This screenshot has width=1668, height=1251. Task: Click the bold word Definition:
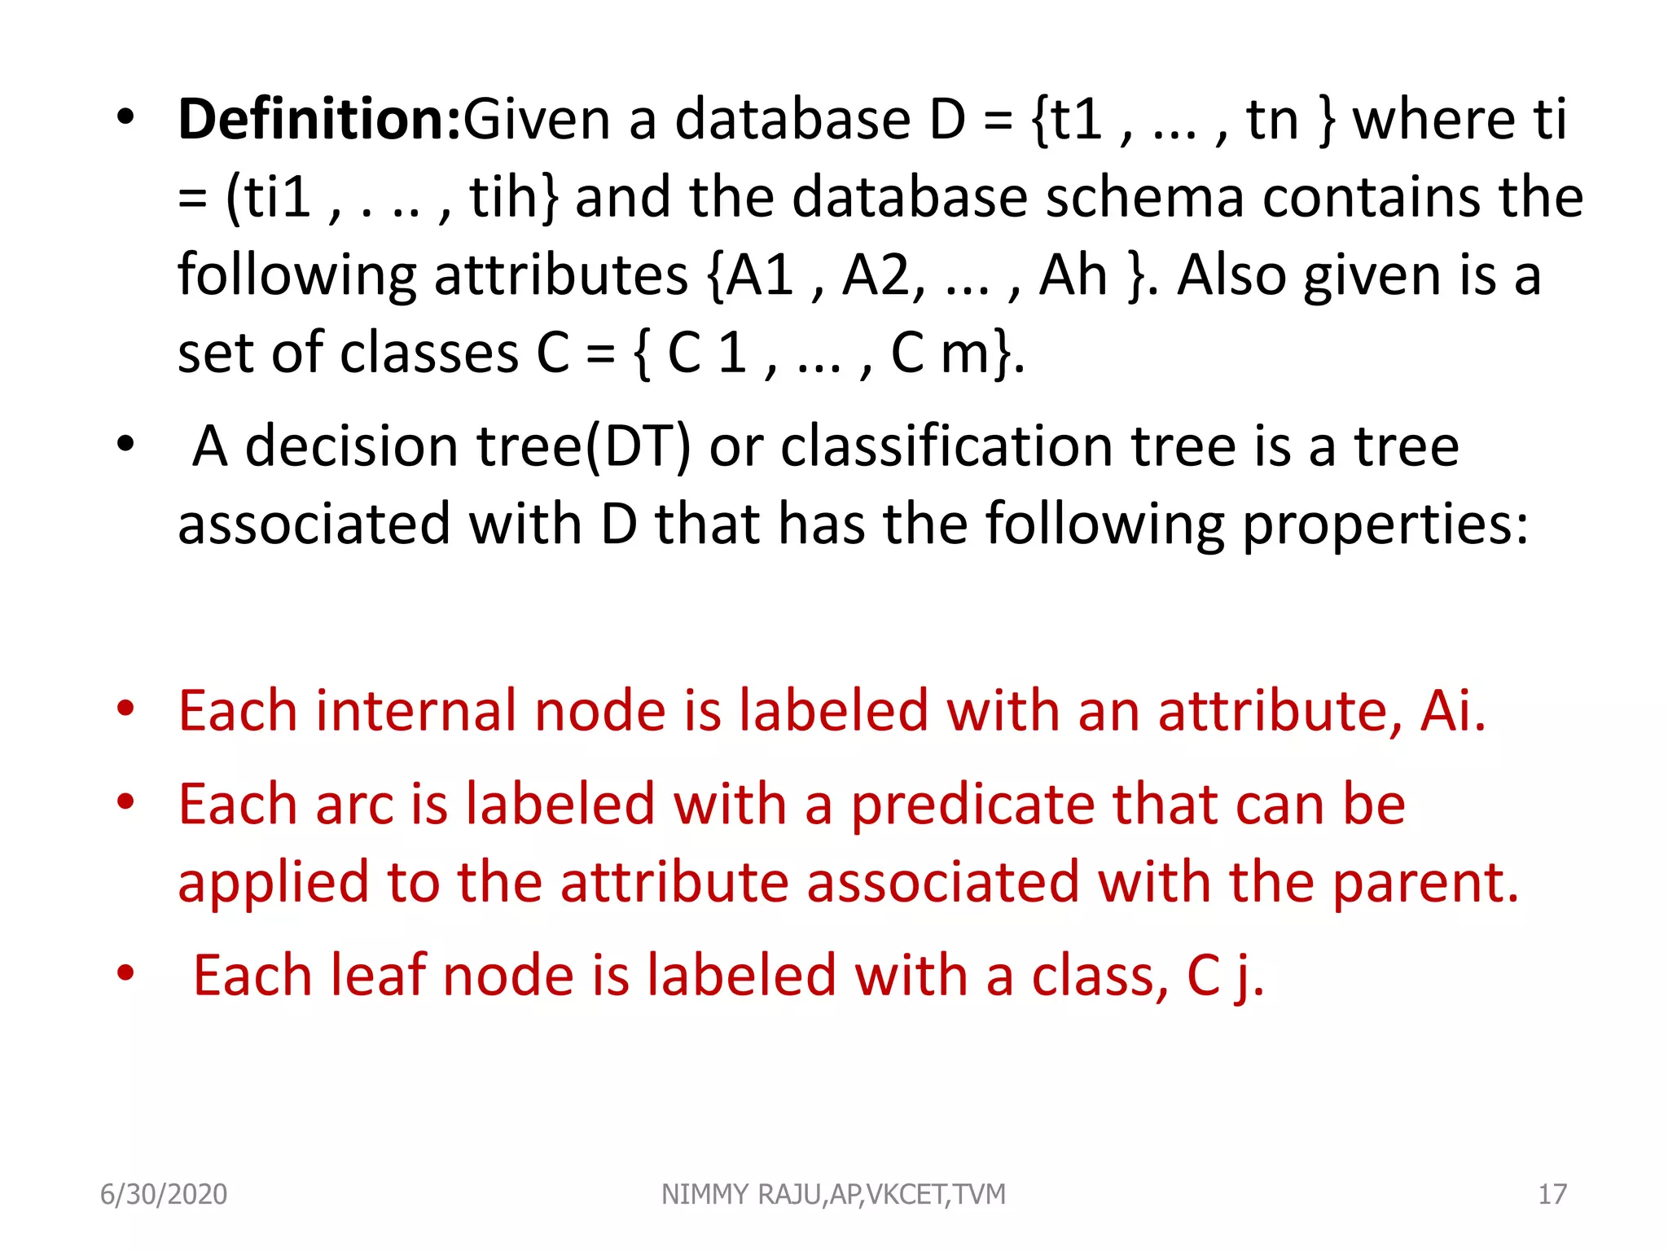coord(320,120)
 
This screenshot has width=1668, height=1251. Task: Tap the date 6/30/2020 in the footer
coord(164,1194)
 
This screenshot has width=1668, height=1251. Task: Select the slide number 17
coord(1552,1194)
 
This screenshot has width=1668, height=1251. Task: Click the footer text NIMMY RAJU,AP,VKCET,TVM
coord(833,1194)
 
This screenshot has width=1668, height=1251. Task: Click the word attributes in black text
coord(561,275)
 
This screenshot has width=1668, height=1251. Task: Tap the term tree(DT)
coord(583,446)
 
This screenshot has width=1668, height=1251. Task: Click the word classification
coord(945,446)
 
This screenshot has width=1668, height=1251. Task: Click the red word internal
coord(415,711)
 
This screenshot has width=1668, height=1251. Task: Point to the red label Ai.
coord(1453,711)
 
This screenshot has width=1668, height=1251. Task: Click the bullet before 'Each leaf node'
coord(125,973)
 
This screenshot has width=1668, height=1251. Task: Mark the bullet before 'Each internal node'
coord(125,709)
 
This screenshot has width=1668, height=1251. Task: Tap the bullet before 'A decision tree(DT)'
coord(125,445)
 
